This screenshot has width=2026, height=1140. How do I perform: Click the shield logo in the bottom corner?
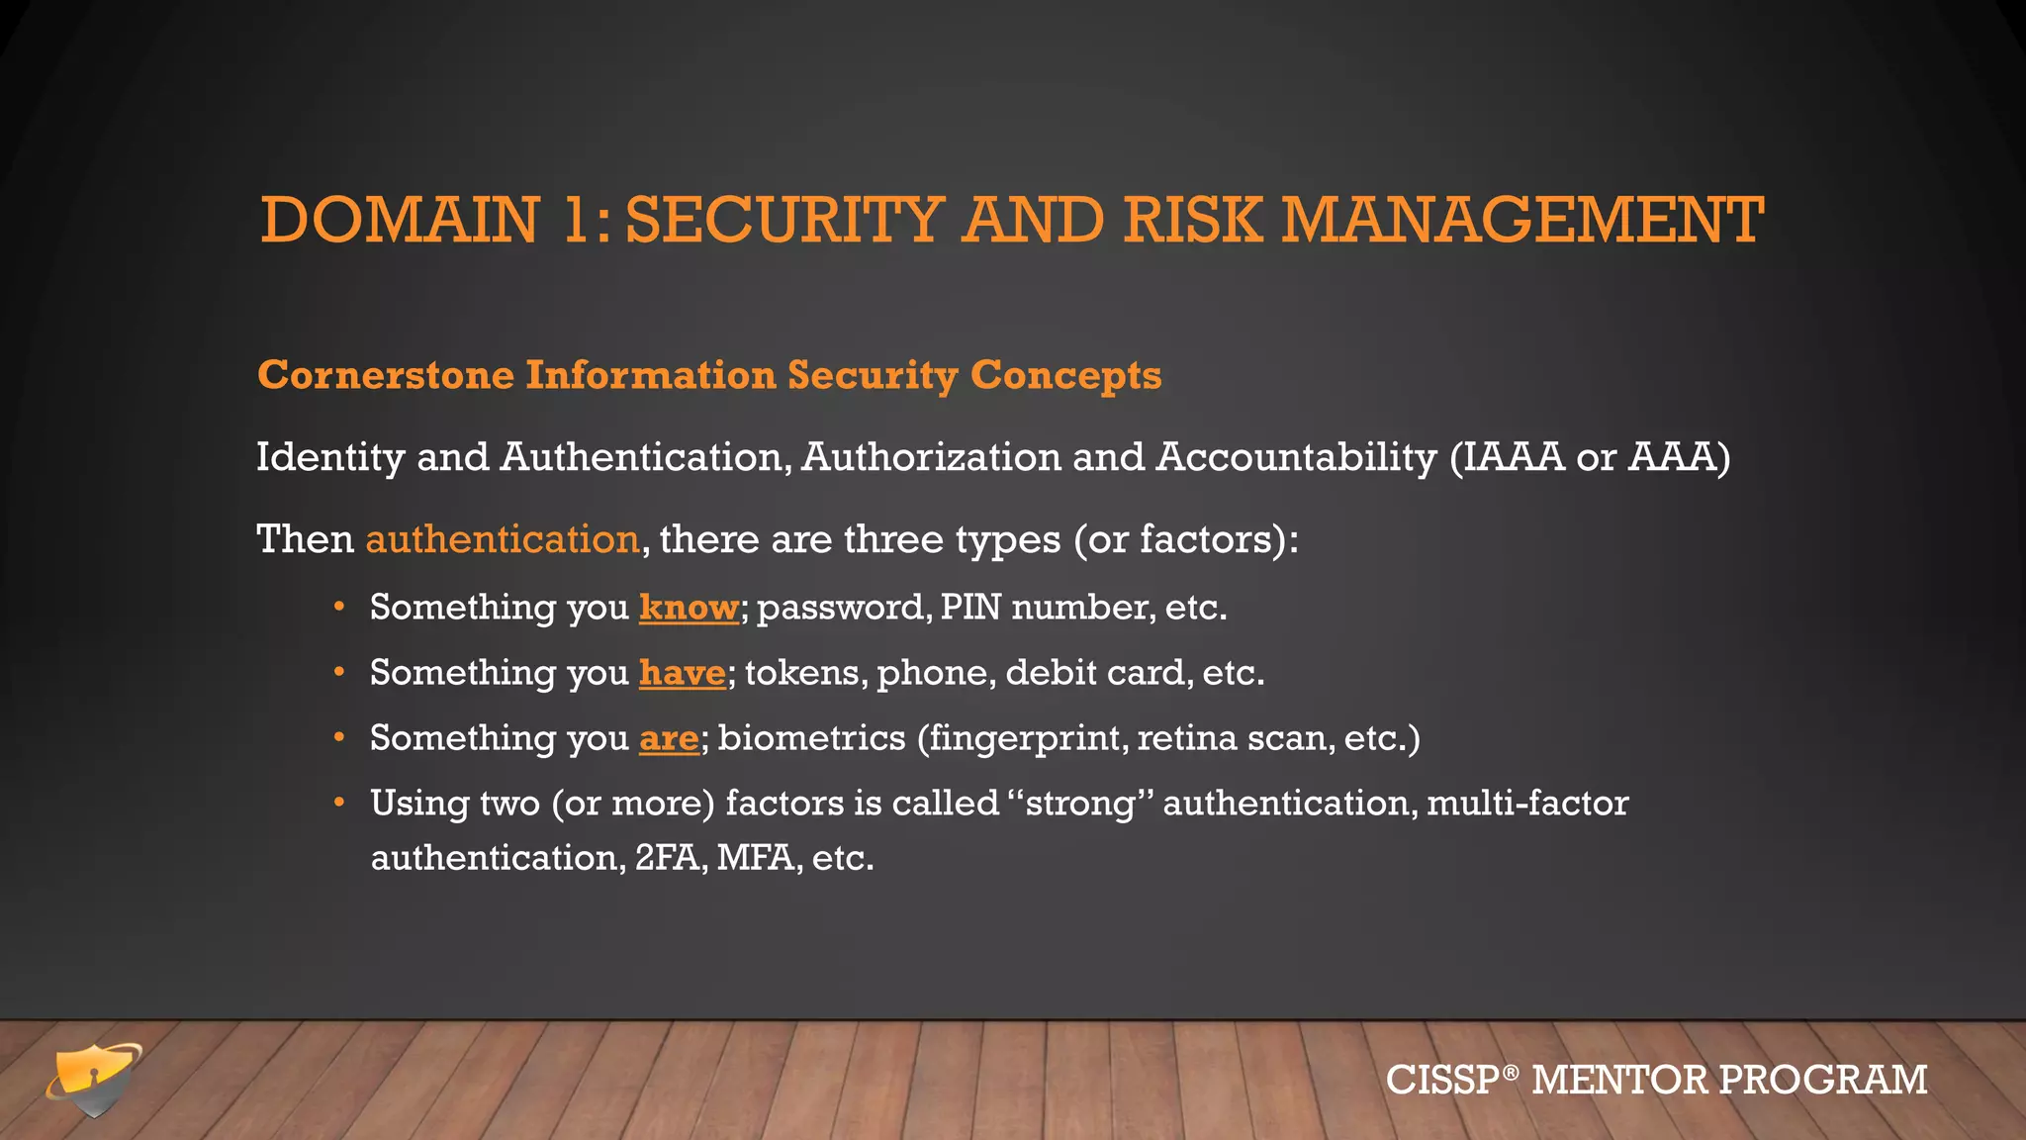point(94,1079)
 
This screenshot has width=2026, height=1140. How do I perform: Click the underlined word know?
point(689,607)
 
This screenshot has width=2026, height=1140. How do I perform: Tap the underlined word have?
point(683,672)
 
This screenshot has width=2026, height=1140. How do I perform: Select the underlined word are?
point(669,737)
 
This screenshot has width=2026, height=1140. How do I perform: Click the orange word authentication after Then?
point(503,539)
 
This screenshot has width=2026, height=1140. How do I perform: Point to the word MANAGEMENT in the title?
point(1522,220)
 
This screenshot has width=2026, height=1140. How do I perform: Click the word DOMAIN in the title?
point(400,220)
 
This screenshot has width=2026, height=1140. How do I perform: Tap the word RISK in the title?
point(1193,220)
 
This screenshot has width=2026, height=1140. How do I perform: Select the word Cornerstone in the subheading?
point(386,375)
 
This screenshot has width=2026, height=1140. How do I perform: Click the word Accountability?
point(1296,457)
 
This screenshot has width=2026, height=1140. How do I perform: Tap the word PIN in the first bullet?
point(970,607)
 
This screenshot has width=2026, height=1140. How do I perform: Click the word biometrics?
point(811,737)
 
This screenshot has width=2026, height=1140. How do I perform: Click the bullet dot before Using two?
point(339,802)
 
